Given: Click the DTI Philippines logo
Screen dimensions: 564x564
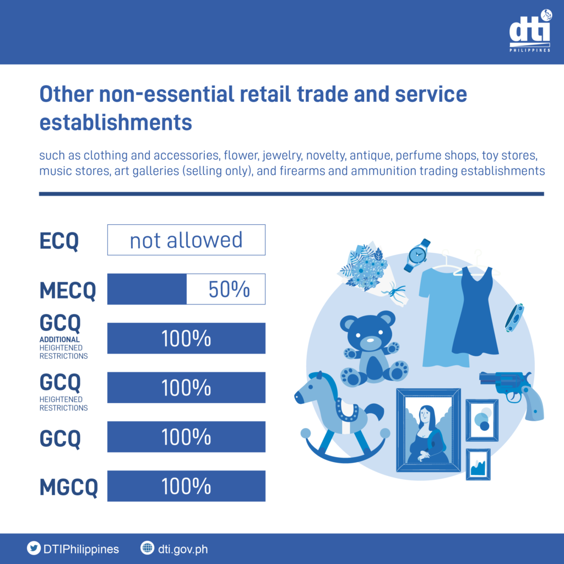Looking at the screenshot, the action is click(x=530, y=31).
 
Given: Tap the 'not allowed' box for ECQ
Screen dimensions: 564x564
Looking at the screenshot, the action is click(x=186, y=240).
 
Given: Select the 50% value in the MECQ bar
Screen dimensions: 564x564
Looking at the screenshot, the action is click(x=229, y=289).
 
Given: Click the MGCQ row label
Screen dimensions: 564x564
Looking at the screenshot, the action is click(x=68, y=487).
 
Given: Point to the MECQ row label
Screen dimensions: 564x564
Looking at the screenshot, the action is click(x=68, y=290).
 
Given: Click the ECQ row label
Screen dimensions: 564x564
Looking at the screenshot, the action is click(x=59, y=241).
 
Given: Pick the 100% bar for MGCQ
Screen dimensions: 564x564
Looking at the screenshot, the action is click(x=186, y=486).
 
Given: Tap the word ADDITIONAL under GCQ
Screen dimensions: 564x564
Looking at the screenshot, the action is click(x=59, y=339).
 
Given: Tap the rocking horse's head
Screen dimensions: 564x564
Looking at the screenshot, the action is click(x=313, y=391).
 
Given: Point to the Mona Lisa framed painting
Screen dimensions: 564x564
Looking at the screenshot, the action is click(x=428, y=430).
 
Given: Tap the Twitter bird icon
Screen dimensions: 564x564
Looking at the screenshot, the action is click(x=34, y=549).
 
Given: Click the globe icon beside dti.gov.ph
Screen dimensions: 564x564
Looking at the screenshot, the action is click(x=147, y=548).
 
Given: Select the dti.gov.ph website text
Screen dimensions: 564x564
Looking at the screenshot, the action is click(x=183, y=549).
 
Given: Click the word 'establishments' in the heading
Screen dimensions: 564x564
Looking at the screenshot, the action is click(x=116, y=122).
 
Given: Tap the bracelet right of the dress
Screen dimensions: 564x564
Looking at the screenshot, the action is click(x=514, y=318).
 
